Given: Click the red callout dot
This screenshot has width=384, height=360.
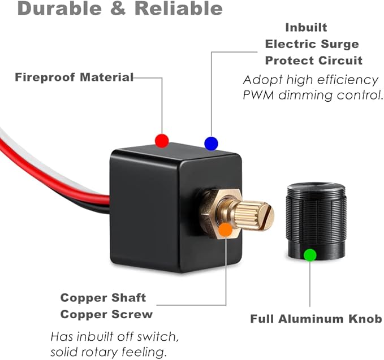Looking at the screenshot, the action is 162,141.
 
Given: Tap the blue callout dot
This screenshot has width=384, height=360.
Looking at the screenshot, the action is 211,144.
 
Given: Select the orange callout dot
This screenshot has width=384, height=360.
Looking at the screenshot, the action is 226,229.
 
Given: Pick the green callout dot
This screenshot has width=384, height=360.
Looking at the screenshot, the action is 310,255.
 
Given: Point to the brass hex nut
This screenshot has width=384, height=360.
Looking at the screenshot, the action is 221,213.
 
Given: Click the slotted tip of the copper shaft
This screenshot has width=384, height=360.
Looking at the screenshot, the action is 266,217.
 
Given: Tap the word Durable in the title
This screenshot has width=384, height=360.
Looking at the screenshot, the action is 59,8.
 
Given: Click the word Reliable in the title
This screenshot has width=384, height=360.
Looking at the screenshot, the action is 179,8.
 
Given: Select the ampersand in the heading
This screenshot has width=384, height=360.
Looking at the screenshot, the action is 118,8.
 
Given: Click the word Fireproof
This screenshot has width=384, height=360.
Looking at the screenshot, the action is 45,77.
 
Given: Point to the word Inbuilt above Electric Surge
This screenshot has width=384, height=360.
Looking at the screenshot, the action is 306,28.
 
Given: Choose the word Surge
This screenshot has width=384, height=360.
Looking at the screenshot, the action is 340,45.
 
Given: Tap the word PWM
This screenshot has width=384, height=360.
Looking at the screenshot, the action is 258,95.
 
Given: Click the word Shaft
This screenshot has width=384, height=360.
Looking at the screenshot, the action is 128,298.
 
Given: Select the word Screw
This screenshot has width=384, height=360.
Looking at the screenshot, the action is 132,314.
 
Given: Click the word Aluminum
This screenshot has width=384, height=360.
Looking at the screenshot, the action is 312,319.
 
